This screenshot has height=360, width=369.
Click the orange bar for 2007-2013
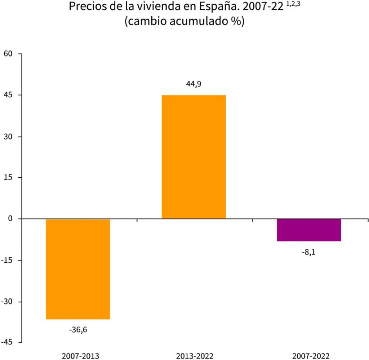tap(78, 269)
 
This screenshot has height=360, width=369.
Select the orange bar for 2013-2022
tap(194, 157)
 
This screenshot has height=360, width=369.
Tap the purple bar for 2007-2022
tap(309, 230)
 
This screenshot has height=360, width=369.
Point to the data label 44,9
tap(194, 84)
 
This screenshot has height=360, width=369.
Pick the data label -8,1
tap(309, 252)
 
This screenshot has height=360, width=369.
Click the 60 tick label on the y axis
tap(8, 54)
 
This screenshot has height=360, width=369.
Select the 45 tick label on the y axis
tap(8, 95)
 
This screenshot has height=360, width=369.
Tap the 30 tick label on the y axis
tap(8, 137)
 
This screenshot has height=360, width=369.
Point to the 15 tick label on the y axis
tap(8, 178)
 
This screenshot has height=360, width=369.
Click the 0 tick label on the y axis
tap(10, 219)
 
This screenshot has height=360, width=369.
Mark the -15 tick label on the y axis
tap(7, 260)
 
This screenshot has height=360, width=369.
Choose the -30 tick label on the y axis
tap(7, 302)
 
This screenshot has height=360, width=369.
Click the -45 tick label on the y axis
tap(7, 342)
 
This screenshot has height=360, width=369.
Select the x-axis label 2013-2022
tap(195, 356)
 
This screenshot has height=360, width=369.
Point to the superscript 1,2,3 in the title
tap(293, 5)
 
